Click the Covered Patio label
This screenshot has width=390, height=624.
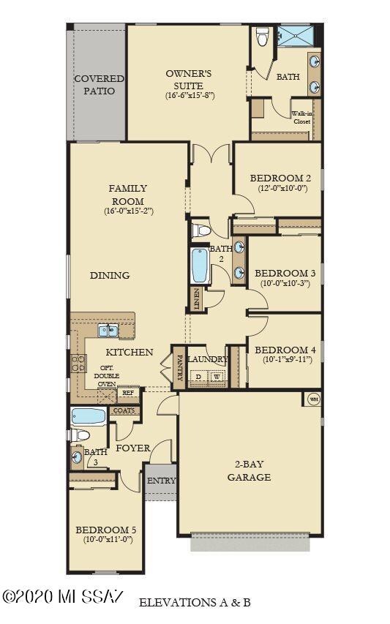[99, 84]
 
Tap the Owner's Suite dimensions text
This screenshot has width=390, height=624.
[189, 95]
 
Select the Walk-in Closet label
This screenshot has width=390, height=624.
[302, 118]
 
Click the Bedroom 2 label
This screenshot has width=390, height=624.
[281, 178]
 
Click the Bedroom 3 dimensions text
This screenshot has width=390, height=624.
[285, 285]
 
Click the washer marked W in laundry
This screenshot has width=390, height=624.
[217, 377]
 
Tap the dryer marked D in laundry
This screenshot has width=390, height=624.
[198, 377]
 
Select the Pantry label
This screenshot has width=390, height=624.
[179, 366]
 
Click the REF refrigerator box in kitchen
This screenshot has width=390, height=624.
[128, 393]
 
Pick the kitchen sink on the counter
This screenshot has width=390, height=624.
[108, 331]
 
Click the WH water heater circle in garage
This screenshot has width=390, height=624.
[314, 399]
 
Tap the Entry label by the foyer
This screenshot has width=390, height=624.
[161, 481]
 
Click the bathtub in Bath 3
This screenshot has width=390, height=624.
[89, 417]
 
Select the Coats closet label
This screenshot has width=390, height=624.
[124, 410]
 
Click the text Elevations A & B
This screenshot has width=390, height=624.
[195, 603]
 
